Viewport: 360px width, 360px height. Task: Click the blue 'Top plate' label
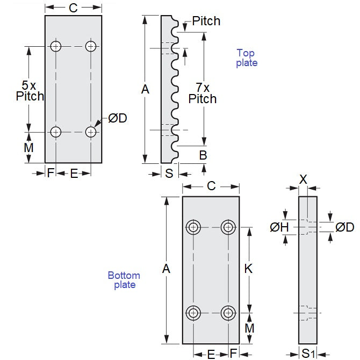coord(247,58)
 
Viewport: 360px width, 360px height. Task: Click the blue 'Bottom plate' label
coord(124,280)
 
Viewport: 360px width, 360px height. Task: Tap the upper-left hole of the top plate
coord(56,46)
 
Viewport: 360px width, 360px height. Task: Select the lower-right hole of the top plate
coord(91,132)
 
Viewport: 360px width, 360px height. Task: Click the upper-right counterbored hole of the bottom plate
coord(229,227)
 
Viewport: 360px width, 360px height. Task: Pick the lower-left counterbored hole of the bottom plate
coord(193,312)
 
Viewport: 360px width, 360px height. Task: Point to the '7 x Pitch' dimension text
coord(203,93)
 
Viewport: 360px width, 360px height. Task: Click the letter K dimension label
coord(248,269)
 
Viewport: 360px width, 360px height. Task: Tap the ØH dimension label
coord(279,228)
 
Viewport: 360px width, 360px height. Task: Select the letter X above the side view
coord(303,180)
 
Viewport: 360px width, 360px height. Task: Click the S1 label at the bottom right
coord(308,354)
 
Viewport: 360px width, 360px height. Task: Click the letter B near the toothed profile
coord(203,156)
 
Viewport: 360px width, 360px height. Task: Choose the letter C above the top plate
coord(73,8)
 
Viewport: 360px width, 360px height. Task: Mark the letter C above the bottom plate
coord(211,186)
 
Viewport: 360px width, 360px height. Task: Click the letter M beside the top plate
coord(29,147)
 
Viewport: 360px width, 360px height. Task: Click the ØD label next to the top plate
coord(117,118)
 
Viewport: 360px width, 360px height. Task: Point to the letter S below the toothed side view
coord(169,174)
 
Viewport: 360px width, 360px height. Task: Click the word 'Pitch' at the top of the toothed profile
coord(206,21)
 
